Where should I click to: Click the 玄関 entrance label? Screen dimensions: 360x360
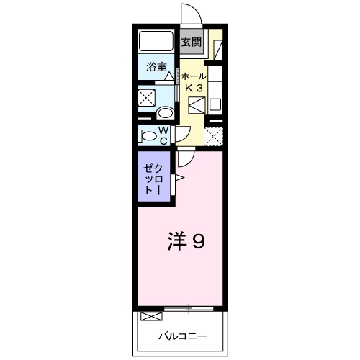tap(191, 41)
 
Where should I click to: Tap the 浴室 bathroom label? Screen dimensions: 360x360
tap(156, 68)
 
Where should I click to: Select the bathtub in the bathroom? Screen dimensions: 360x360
tap(156, 41)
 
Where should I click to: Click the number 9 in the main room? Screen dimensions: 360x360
tap(197, 241)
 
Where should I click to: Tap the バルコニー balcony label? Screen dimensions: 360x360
tap(183, 336)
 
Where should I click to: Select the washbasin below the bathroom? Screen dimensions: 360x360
tap(165, 112)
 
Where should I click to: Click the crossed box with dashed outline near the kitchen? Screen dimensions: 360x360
tap(214, 136)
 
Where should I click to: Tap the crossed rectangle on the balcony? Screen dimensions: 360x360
tap(152, 316)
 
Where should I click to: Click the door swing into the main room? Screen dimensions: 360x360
tap(185, 157)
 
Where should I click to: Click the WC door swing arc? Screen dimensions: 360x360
tap(182, 132)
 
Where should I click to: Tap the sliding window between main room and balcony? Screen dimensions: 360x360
tap(189, 309)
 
